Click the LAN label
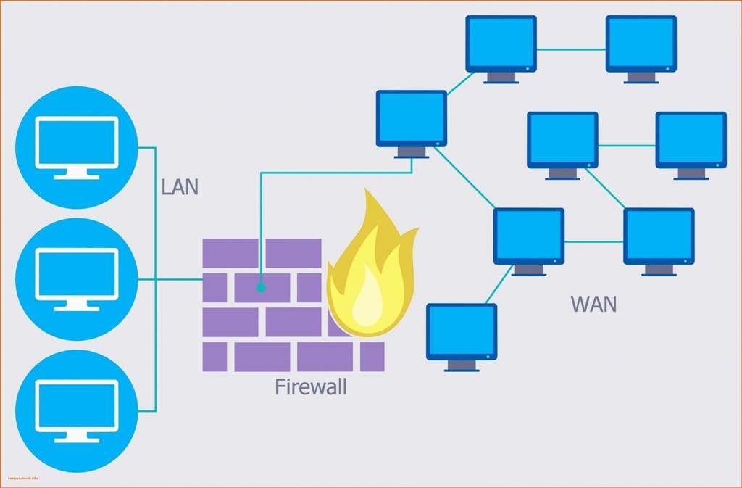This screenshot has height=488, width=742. (180, 187)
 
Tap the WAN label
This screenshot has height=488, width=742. (593, 303)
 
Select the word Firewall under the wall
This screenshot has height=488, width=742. (311, 386)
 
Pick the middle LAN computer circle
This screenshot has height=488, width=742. (76, 278)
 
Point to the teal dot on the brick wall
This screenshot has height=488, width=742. (261, 288)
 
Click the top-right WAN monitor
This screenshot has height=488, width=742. (641, 45)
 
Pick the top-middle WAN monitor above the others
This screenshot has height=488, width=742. (501, 45)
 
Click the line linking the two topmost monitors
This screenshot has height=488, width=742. (571, 49)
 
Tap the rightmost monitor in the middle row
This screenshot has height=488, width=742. (691, 141)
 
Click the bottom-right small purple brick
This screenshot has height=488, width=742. (372, 356)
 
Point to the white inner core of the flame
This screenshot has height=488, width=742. (370, 297)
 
